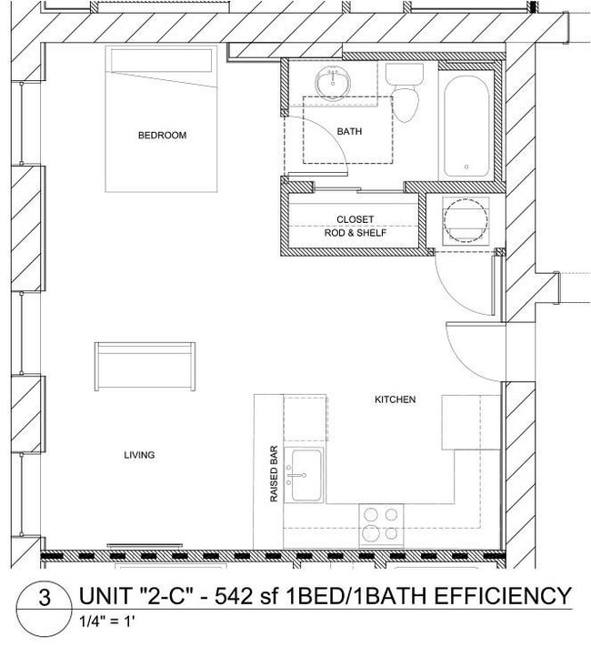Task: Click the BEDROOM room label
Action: pos(162,136)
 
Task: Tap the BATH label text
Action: pos(349,132)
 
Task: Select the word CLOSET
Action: pos(356,219)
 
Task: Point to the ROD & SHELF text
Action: pos(356,233)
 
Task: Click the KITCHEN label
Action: pos(396,400)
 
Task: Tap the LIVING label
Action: pos(140,455)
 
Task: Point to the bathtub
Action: pos(466,126)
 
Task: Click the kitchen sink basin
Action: pos(305,474)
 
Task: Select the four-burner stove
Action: pos(379,525)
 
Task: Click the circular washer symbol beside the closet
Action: pos(464,218)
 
